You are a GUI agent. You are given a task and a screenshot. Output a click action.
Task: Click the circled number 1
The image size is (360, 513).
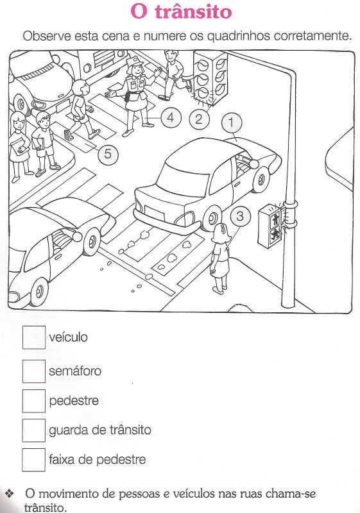coord(232,122)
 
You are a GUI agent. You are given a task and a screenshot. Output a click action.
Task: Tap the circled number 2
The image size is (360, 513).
coord(199,119)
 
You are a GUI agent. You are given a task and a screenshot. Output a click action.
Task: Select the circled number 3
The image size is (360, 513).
coord(240,216)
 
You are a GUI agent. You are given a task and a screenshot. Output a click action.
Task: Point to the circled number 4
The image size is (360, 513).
coord(171,117)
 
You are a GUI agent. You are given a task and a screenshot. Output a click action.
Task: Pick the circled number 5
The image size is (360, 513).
coord(108,153)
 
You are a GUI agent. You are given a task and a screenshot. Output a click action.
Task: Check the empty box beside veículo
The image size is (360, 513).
coord(34,337)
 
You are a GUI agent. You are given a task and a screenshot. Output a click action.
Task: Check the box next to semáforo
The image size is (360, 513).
coord(34,371)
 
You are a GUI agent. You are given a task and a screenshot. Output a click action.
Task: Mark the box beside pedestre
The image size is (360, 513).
coord(34,401)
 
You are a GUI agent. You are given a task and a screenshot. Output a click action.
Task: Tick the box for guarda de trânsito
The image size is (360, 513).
coord(34,430)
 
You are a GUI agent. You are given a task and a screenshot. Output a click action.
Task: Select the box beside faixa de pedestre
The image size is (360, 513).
coord(34,460)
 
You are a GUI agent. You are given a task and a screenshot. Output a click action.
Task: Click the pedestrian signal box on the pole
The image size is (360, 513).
coord(271,225)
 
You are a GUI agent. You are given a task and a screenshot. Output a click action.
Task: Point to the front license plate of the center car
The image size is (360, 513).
coord(154,212)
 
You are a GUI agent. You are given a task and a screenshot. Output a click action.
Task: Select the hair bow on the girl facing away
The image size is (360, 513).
coord(223,228)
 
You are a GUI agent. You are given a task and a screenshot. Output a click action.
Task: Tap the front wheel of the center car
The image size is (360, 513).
coord(212,218)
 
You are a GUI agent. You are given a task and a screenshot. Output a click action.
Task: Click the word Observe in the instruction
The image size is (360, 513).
coord(47,36)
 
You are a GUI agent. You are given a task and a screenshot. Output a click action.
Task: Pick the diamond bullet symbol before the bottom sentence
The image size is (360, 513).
coord(10,493)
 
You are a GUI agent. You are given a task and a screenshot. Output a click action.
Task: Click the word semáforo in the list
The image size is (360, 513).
coord(75,371)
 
